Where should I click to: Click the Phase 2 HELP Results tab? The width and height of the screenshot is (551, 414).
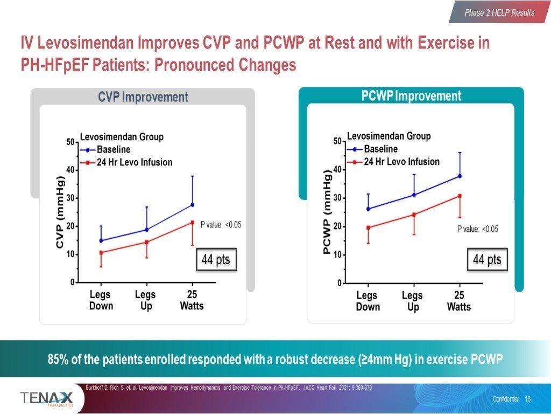499,12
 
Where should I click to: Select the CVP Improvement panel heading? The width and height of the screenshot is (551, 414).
143,97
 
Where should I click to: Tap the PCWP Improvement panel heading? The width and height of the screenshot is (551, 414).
411,96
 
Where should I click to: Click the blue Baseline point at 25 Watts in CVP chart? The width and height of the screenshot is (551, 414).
192,205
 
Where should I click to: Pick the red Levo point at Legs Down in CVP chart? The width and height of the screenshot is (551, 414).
101,252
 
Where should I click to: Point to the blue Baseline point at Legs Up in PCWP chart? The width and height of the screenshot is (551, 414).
414,195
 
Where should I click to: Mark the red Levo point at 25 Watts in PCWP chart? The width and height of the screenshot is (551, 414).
460,196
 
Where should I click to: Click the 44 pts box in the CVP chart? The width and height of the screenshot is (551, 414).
215,260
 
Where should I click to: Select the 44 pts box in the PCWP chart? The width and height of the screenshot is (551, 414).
486,260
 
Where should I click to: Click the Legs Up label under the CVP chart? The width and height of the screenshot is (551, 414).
145,300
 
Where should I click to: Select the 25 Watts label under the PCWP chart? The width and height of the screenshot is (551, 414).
459,301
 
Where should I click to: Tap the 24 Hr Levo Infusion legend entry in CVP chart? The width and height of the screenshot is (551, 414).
134,162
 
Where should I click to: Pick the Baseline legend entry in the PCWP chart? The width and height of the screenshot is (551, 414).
380,149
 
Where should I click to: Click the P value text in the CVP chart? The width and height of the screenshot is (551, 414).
221,225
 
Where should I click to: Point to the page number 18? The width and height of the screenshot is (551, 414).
527,399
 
